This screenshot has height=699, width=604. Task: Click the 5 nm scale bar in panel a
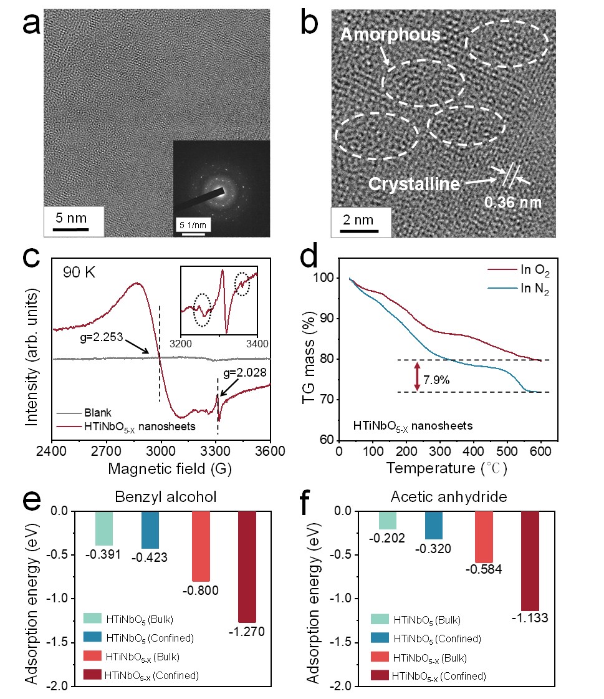pos(69,229)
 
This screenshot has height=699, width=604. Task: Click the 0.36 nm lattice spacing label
pos(513,203)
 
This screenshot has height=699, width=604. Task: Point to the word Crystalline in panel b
pos(413,185)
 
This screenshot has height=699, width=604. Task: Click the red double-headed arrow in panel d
pos(418,376)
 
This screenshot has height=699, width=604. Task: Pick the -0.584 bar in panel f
pos(484,536)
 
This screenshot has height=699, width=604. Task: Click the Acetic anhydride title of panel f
pos(459,497)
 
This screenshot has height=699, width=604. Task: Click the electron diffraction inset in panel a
pos(221,188)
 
